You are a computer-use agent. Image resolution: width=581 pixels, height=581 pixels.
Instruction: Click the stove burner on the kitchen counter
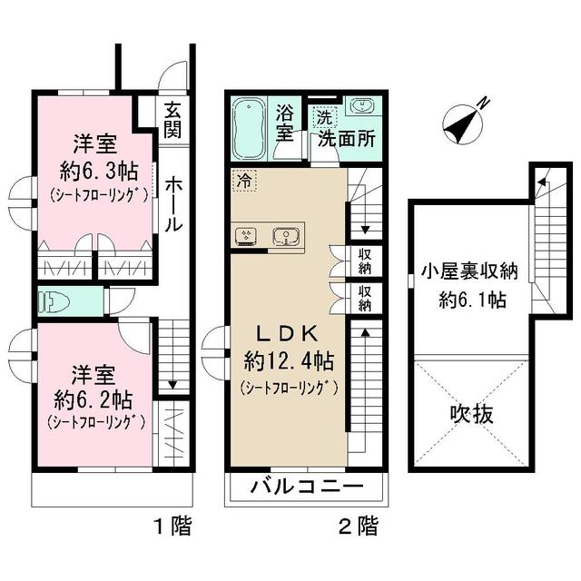pos(245,237)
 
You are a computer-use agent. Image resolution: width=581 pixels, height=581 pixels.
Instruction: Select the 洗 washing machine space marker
pos(323,116)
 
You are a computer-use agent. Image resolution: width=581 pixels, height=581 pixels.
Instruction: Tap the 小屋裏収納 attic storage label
pos(469,270)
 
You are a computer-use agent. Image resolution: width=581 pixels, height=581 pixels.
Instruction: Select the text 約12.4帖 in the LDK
pos(288,360)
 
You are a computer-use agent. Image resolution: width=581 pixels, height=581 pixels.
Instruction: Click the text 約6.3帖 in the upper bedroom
pos(94,168)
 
